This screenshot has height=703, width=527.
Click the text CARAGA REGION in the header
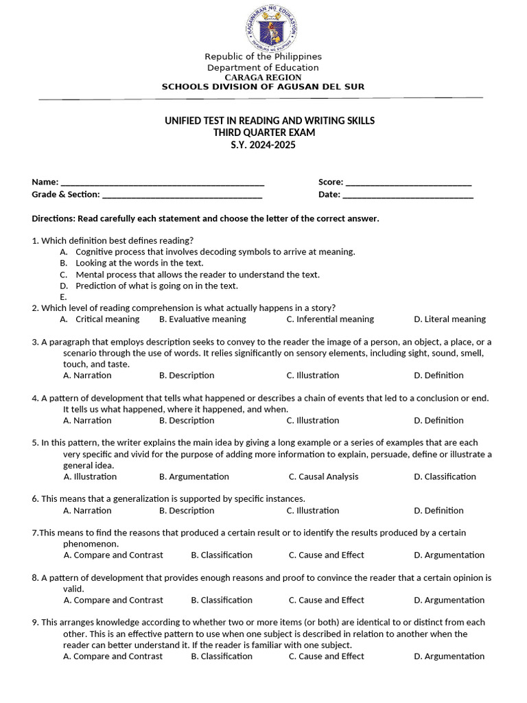pyautogui.click(x=263, y=78)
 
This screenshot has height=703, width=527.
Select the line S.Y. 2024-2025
pyautogui.click(x=263, y=145)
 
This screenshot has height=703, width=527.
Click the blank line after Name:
pyautogui.click(x=163, y=183)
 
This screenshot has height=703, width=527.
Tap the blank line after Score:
pyautogui.click(x=408, y=183)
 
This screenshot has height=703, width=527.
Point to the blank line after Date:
pyautogui.click(x=408, y=195)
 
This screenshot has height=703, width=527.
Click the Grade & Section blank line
pyautogui.click(x=182, y=195)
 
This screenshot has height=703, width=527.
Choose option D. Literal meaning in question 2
pyautogui.click(x=449, y=319)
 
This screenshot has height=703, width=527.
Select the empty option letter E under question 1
pyautogui.click(x=63, y=297)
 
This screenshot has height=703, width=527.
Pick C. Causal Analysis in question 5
pyautogui.click(x=323, y=476)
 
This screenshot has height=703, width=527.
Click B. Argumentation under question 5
pyautogui.click(x=194, y=476)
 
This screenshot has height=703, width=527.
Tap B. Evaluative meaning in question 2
pyautogui.click(x=202, y=319)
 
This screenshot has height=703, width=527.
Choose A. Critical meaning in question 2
pyautogui.click(x=99, y=319)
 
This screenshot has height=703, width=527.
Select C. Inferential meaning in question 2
pyautogui.click(x=330, y=319)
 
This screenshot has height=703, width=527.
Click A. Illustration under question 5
pyautogui.click(x=90, y=476)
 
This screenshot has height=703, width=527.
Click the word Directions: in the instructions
pyautogui.click(x=54, y=219)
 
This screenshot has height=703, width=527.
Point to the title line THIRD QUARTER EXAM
pyautogui.click(x=264, y=132)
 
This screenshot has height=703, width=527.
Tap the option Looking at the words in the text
pyautogui.click(x=139, y=263)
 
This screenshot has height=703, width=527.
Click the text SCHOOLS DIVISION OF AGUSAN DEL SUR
pyautogui.click(x=263, y=87)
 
